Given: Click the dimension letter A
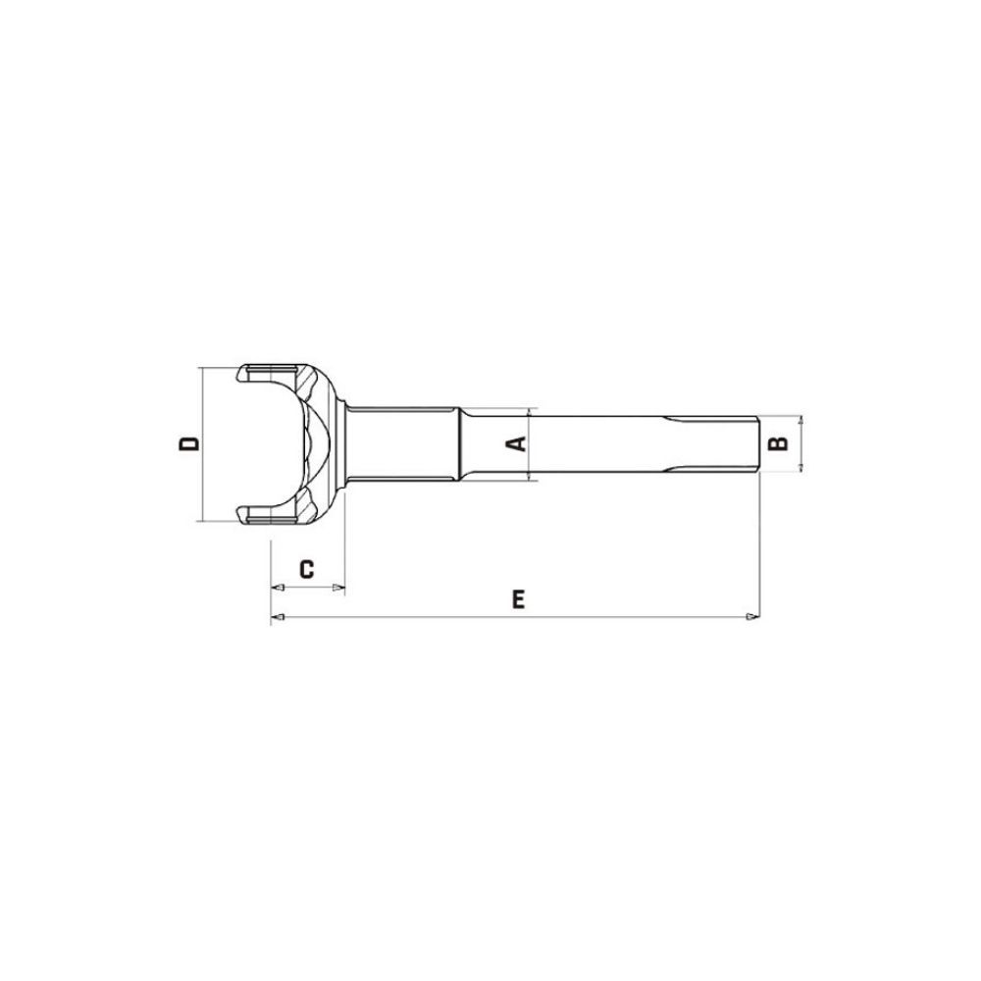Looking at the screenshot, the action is (x=516, y=444).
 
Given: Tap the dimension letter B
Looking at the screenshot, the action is (x=778, y=443).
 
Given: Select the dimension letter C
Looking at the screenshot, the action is (x=306, y=569).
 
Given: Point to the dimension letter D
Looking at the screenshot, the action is (x=189, y=443).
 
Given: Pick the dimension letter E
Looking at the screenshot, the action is (x=518, y=599).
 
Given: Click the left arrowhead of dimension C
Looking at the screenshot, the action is (x=278, y=588).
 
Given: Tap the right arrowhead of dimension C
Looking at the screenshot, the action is (x=338, y=588).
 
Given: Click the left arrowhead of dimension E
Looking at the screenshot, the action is (x=278, y=617).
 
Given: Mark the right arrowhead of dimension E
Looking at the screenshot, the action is (x=752, y=617).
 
